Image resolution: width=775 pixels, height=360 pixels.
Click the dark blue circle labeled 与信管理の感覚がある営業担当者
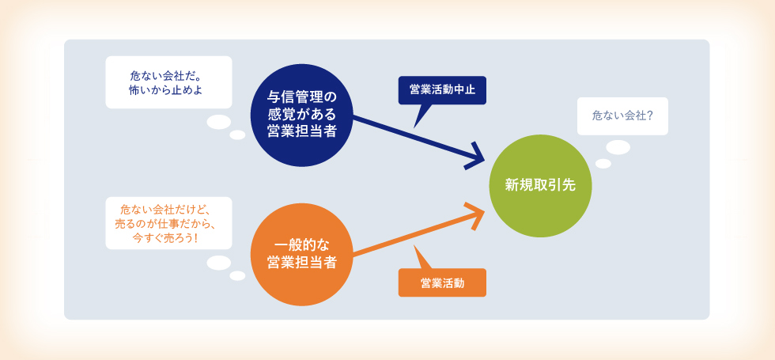301,116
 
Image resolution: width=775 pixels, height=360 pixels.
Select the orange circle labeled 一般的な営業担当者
301,254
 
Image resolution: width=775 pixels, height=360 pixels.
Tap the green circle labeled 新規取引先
540,185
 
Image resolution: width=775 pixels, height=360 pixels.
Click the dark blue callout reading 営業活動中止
442,90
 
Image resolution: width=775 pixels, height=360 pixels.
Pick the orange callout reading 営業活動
442,283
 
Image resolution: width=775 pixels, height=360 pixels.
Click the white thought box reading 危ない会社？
623,116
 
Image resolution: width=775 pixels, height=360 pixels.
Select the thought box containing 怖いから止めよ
168,82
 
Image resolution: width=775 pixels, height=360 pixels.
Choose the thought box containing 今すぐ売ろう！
168,223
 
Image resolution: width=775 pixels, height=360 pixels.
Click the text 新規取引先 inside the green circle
540,185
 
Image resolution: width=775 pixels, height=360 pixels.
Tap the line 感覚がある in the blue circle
301,115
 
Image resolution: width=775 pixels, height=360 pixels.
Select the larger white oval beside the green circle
618,147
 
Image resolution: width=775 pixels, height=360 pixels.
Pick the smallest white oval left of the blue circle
237,135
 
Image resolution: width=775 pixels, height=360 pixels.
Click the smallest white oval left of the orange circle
237,276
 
